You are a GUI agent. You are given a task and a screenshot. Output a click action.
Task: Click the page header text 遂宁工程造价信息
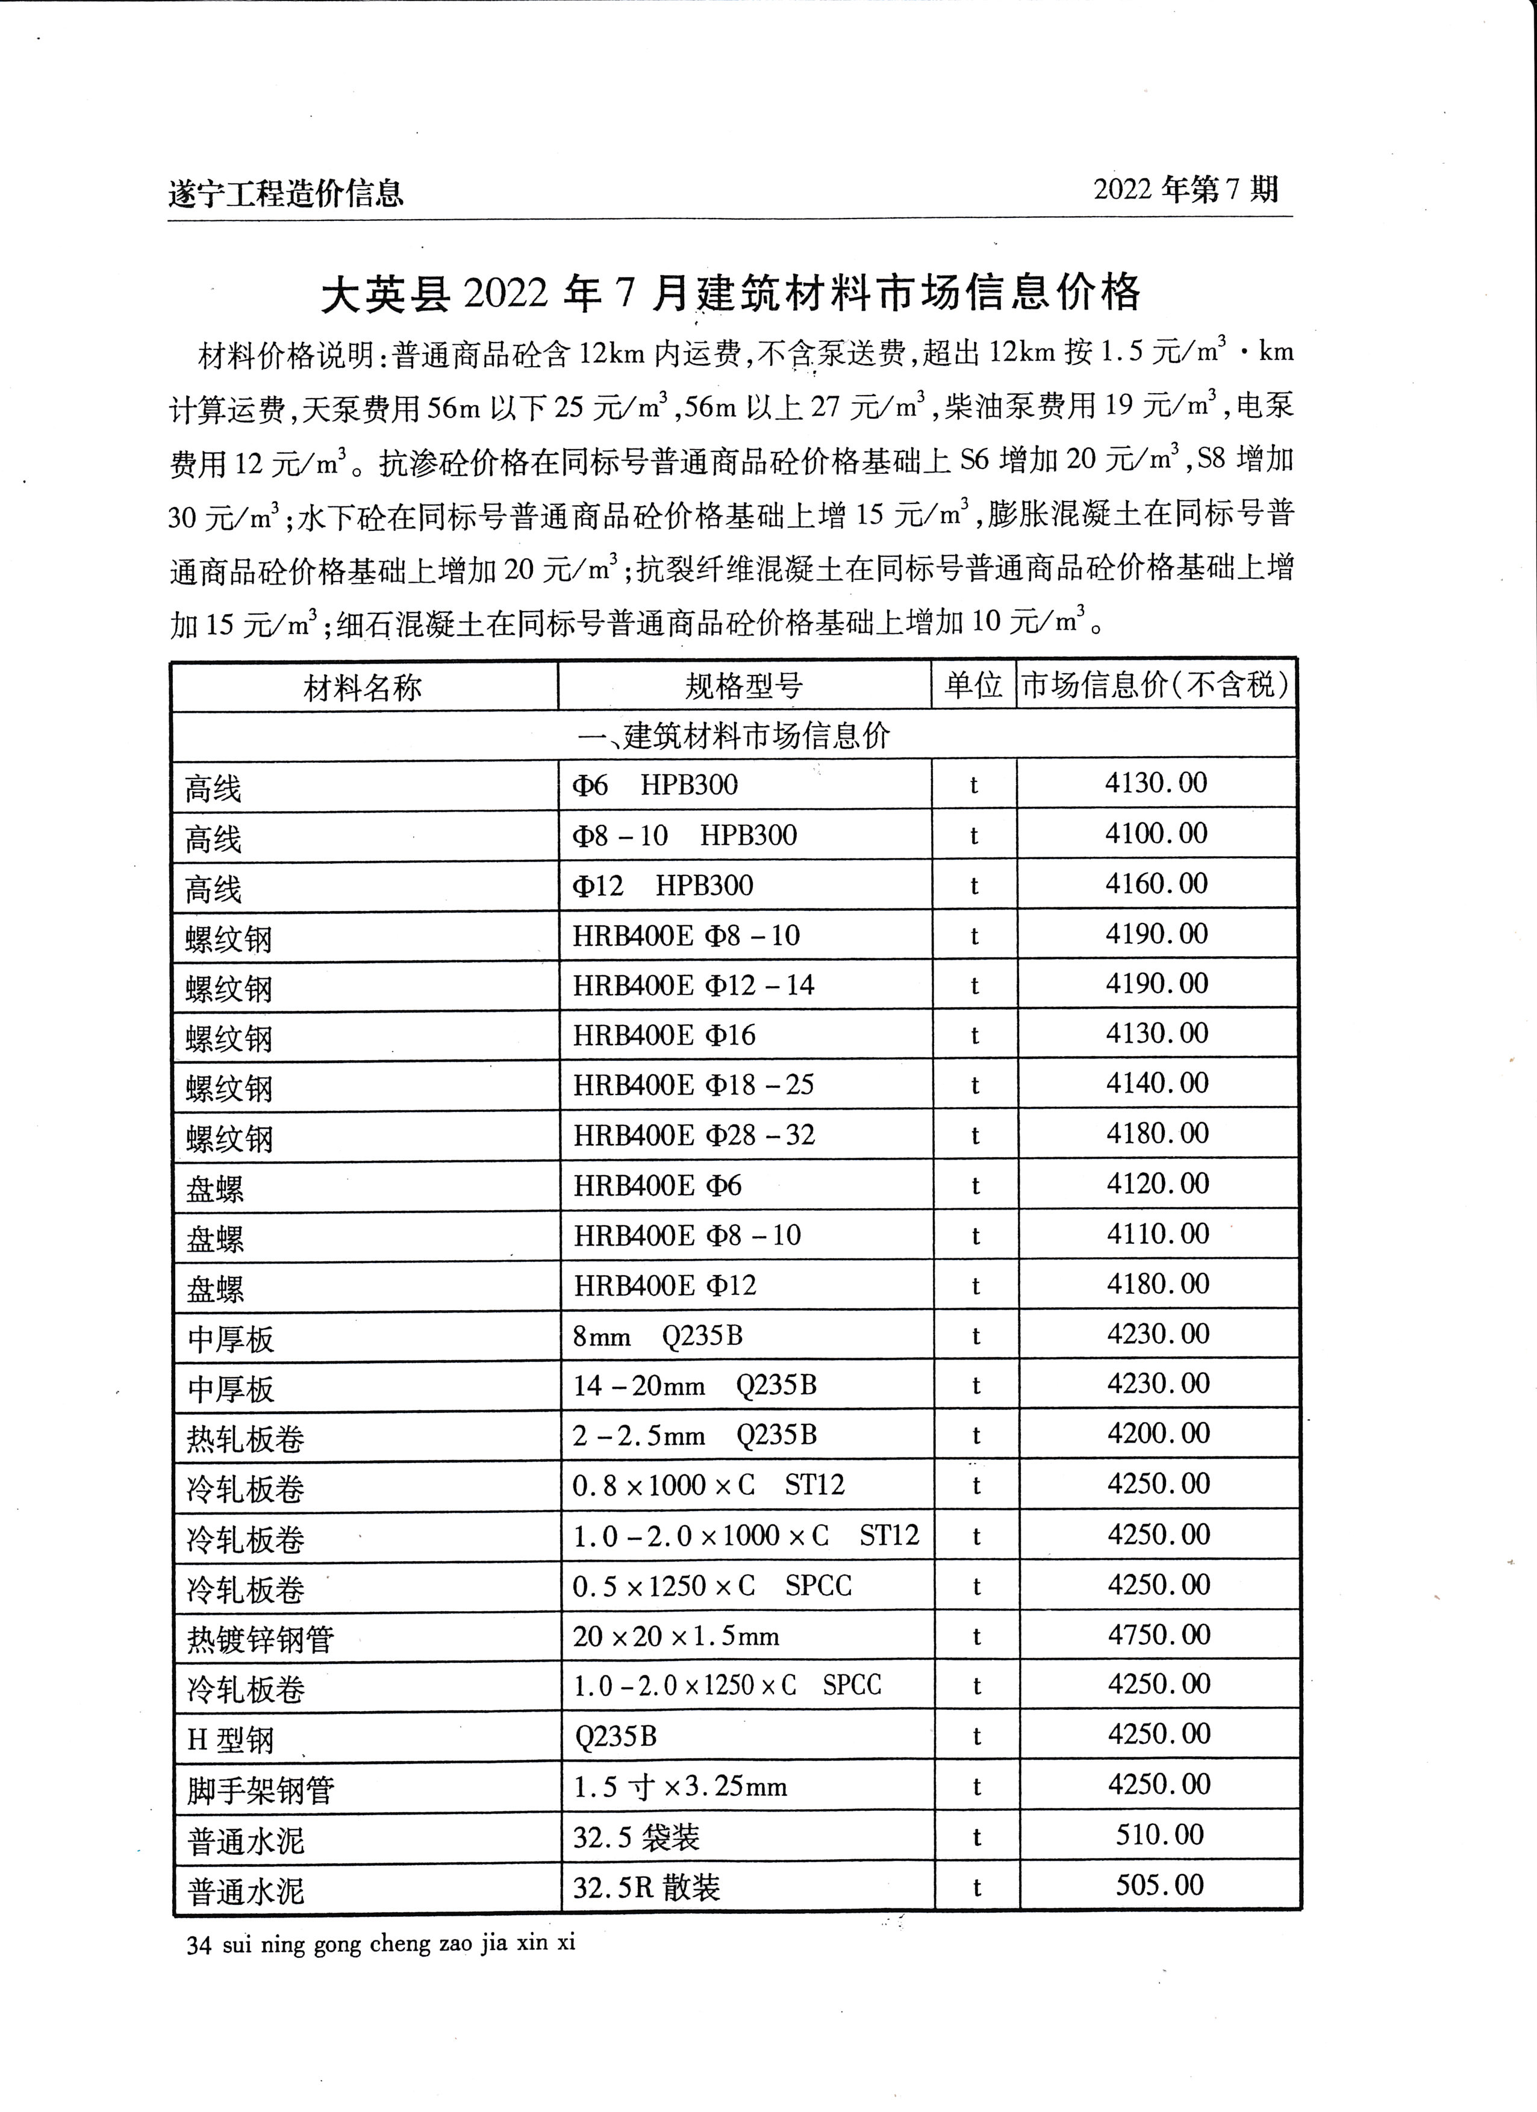click(x=286, y=193)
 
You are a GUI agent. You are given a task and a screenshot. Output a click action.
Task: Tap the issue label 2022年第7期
click(x=1186, y=190)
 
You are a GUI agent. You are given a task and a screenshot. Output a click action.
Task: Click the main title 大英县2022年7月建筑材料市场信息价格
click(x=731, y=293)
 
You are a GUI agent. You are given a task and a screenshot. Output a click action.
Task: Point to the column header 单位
click(x=973, y=685)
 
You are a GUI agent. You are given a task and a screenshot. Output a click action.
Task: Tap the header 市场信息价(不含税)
click(x=1155, y=685)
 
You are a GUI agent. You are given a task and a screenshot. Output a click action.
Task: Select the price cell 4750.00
click(x=1158, y=1635)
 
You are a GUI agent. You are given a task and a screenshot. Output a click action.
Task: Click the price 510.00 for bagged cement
click(x=1160, y=1834)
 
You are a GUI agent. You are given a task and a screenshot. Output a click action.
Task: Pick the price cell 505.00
click(x=1160, y=1885)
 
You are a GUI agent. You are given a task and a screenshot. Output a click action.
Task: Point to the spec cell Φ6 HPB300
click(x=654, y=785)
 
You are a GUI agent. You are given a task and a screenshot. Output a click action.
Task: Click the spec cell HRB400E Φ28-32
click(x=693, y=1135)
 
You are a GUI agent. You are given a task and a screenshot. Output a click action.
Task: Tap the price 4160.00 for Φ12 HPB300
click(x=1156, y=883)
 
